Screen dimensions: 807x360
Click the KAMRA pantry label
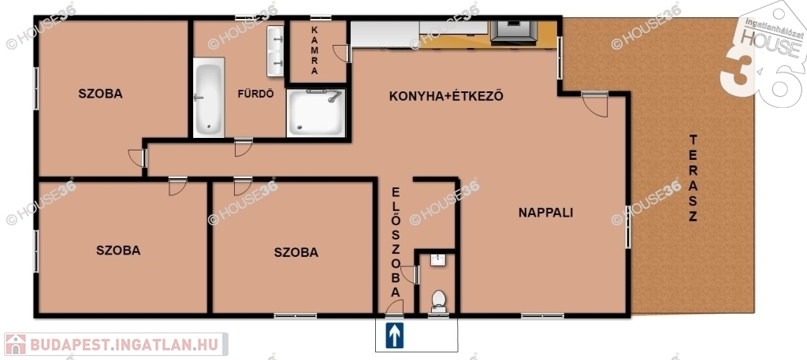tap(314, 50)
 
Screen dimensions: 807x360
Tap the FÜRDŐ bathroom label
tap(255, 94)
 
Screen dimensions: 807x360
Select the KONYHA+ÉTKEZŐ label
tap(446, 96)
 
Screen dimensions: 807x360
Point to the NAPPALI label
tap(545, 213)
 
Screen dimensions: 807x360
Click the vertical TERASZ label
tap(693, 178)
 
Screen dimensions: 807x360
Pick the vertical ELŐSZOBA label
tap(396, 242)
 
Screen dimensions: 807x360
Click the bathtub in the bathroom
tap(208, 97)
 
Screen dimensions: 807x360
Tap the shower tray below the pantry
tap(316, 113)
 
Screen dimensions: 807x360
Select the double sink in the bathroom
tap(275, 51)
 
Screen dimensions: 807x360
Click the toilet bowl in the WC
tap(438, 302)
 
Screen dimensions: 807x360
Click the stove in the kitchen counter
tap(514, 32)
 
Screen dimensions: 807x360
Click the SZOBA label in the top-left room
tap(100, 94)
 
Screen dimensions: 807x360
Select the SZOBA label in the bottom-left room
tap(118, 251)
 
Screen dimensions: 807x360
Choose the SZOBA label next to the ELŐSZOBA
tap(296, 253)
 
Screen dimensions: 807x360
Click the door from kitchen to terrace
tap(596, 105)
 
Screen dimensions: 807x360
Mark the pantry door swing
tap(342, 54)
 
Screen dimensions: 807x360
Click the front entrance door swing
tap(396, 307)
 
